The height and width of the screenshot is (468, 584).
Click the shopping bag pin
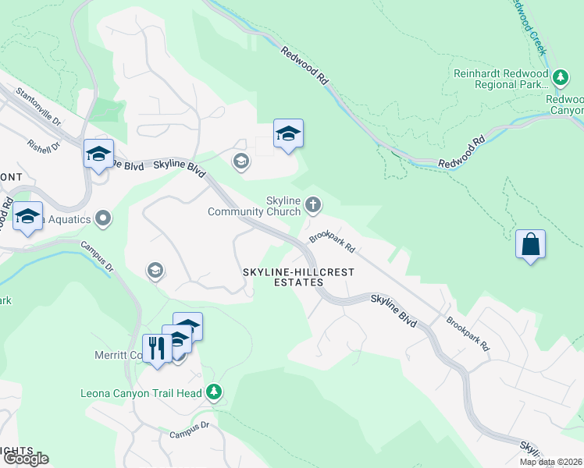530,244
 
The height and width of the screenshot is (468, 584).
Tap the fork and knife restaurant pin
157,348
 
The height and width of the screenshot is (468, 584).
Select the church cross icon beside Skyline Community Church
312,205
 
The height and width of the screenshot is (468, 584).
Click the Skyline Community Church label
254,206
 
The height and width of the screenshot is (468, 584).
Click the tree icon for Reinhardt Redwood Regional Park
560,77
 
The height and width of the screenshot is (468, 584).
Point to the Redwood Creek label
528,26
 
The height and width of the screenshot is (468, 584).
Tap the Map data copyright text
550,462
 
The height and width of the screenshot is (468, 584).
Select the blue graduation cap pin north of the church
288,134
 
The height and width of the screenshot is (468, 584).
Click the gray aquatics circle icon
102,218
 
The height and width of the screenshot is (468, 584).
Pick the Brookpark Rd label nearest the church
332,242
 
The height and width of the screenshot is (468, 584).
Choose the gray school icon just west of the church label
240,161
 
